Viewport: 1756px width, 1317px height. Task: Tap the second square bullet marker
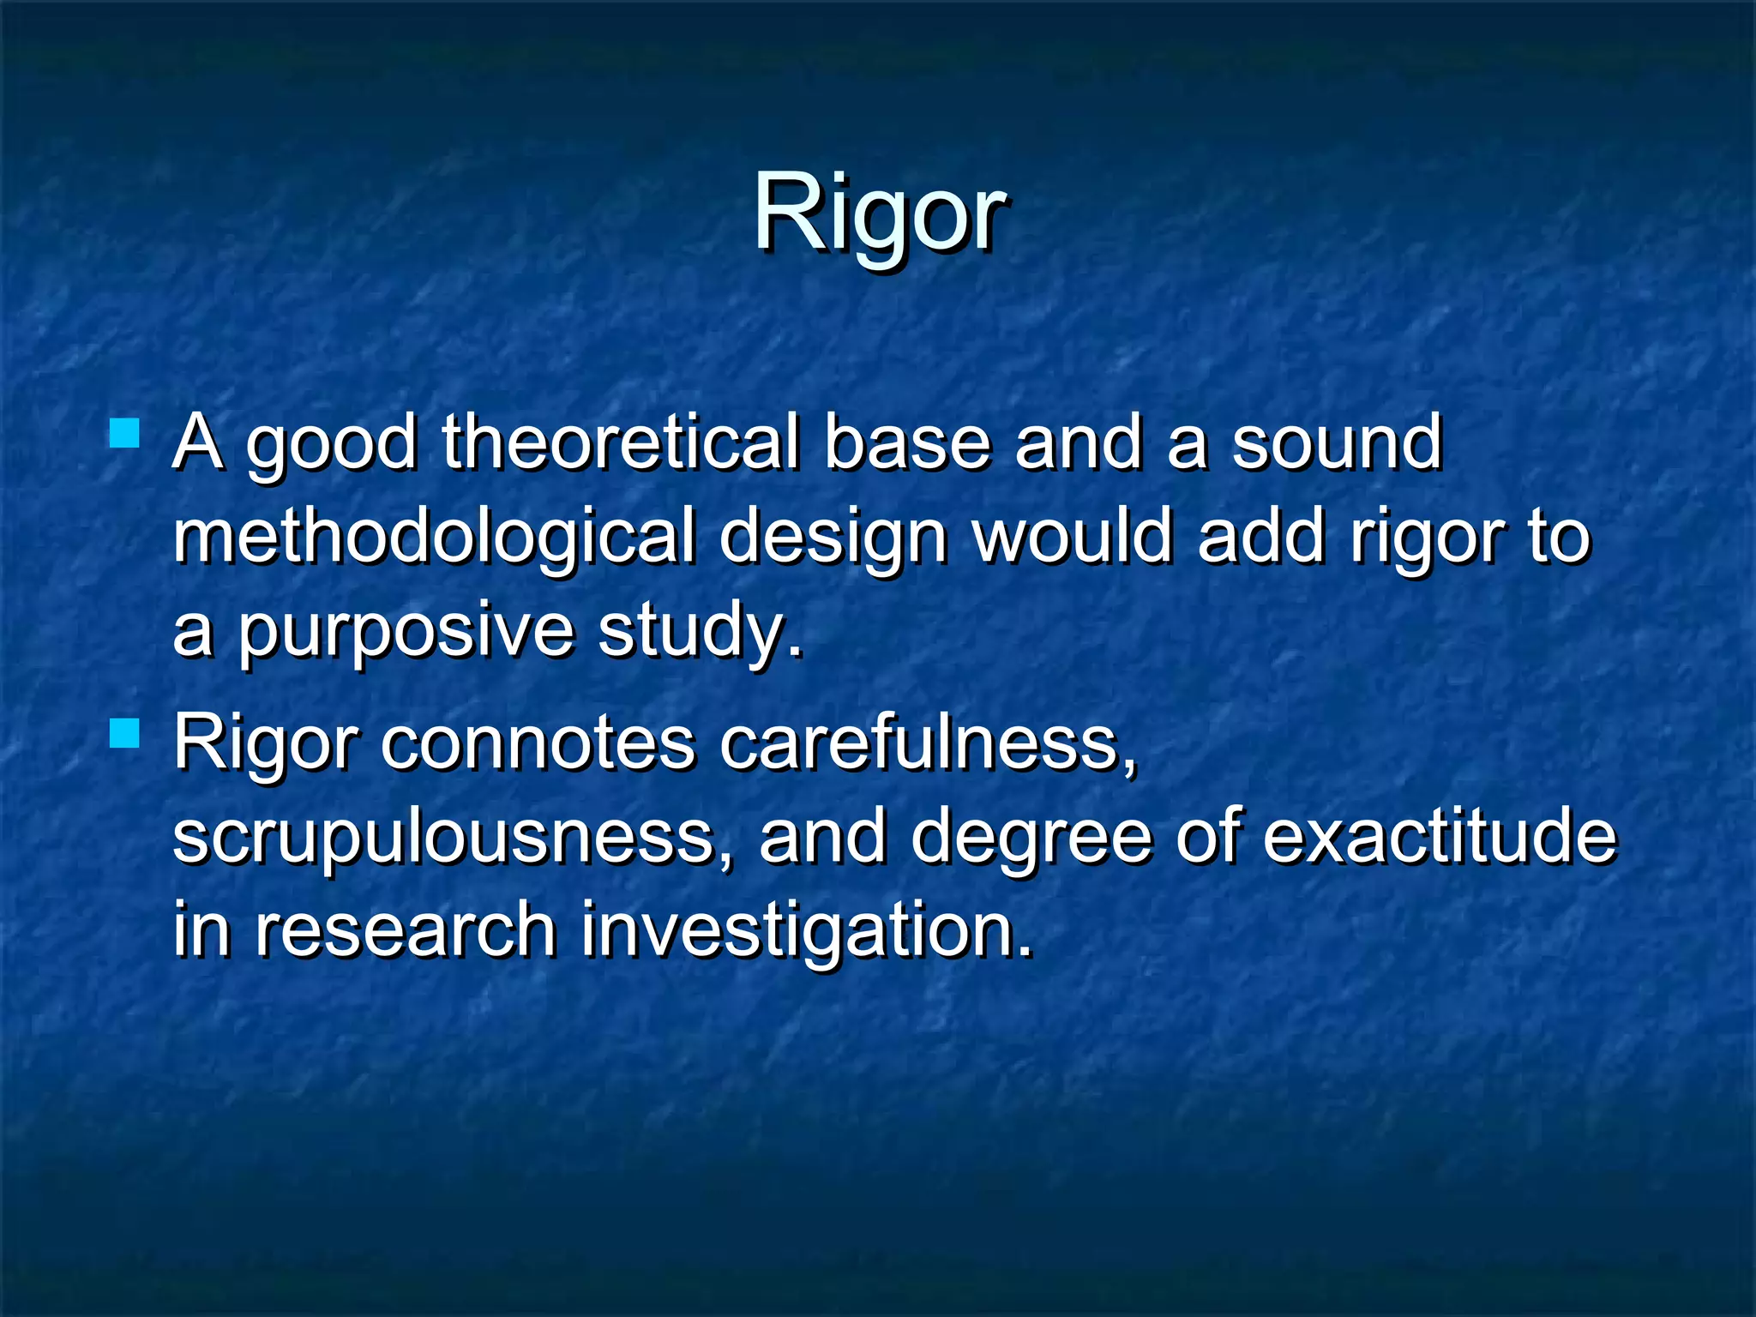coord(125,734)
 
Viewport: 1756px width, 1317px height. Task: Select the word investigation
coord(806,931)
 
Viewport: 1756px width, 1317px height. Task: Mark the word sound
coord(1337,443)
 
